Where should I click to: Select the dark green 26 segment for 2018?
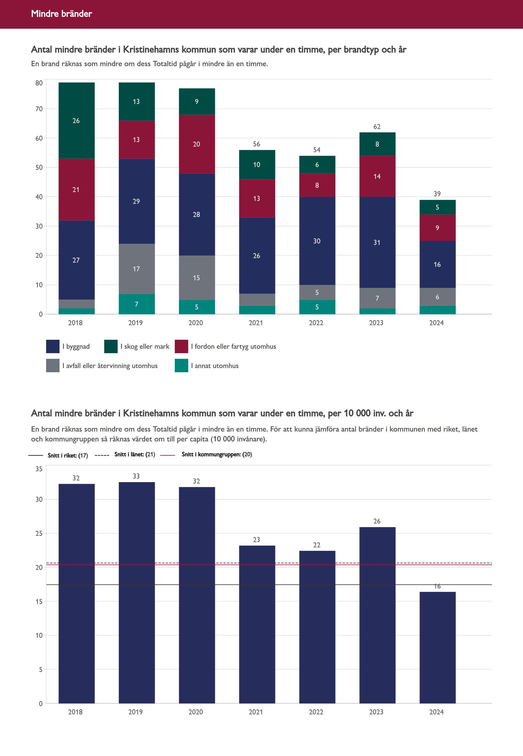pyautogui.click(x=76, y=121)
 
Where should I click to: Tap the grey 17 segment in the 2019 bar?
pyautogui.click(x=136, y=269)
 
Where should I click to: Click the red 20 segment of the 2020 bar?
pyautogui.click(x=197, y=144)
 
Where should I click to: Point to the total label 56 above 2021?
pyautogui.click(x=257, y=144)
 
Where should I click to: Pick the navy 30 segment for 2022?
pyautogui.click(x=317, y=241)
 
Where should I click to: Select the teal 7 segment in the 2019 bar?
pyautogui.click(x=136, y=304)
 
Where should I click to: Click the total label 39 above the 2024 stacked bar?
pyautogui.click(x=437, y=194)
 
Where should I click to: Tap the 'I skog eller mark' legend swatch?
pyautogui.click(x=111, y=346)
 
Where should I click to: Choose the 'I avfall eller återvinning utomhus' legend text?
pyautogui.click(x=110, y=366)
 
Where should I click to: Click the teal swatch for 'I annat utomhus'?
pyautogui.click(x=181, y=366)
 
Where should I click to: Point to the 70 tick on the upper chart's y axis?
pyautogui.click(x=39, y=109)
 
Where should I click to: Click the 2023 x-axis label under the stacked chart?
pyautogui.click(x=376, y=323)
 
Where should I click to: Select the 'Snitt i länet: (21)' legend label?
pyautogui.click(x=135, y=454)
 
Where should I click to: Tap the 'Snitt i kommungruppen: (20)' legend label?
pyautogui.click(x=217, y=454)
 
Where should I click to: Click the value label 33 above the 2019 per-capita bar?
pyautogui.click(x=136, y=476)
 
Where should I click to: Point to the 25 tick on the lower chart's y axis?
pyautogui.click(x=39, y=533)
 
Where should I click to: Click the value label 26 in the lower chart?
pyautogui.click(x=377, y=521)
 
